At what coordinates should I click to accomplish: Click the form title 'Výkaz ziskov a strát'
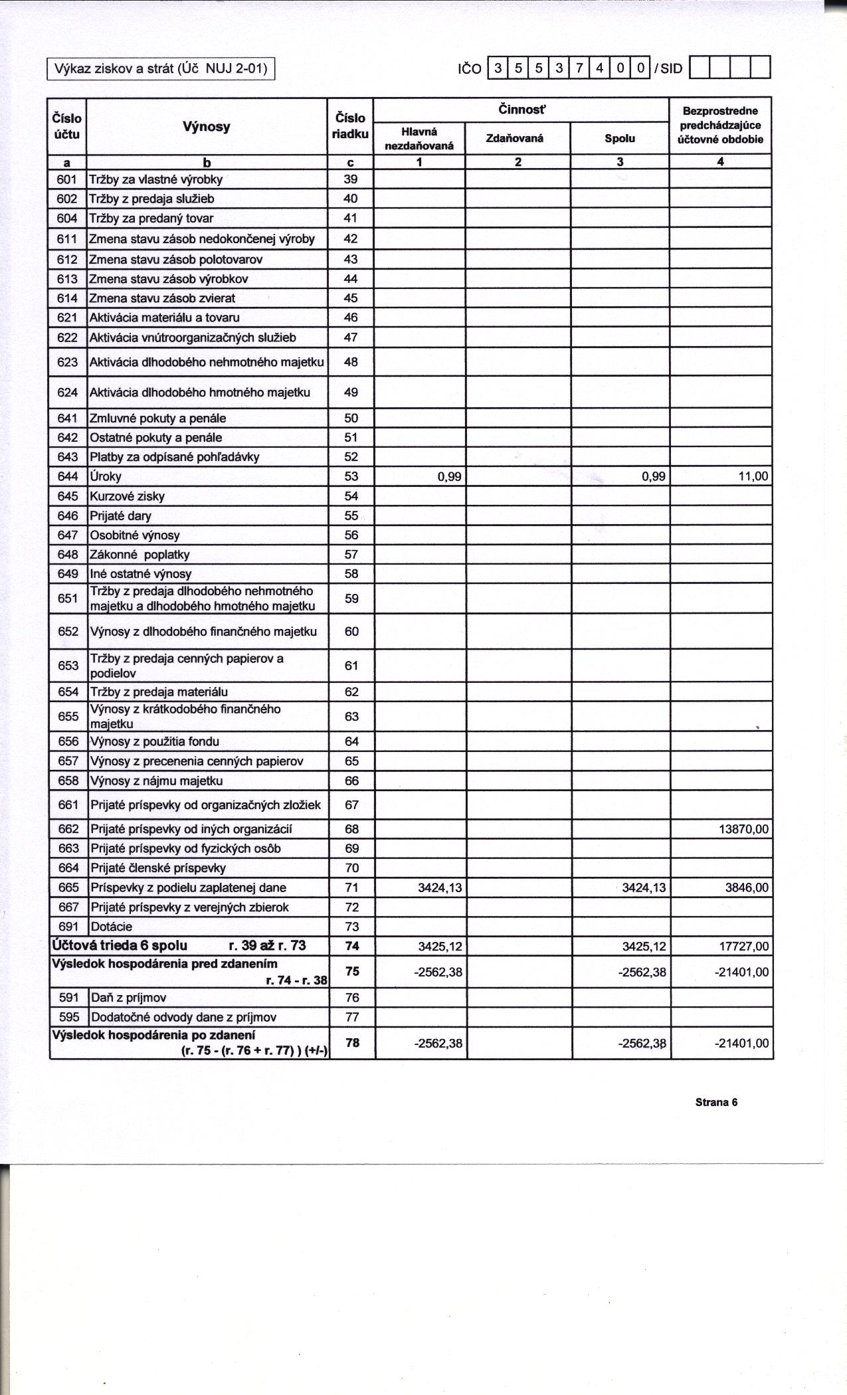[160, 68]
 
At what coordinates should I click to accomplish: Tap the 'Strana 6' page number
[716, 1102]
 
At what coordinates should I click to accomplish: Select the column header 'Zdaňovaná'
[515, 138]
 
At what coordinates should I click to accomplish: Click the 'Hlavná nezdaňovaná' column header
[419, 138]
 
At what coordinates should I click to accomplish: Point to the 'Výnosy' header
[207, 126]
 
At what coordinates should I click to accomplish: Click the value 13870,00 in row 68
[744, 829]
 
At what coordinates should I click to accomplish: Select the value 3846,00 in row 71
[747, 887]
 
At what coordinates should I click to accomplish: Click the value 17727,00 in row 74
[744, 946]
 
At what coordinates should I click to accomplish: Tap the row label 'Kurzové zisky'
[128, 496]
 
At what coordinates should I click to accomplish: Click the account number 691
[68, 927]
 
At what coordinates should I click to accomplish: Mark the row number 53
[351, 476]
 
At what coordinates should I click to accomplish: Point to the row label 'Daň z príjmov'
[128, 998]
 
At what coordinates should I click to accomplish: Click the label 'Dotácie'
[112, 927]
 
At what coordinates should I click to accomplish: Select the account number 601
[68, 179]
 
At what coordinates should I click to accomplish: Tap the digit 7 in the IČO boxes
[579, 68]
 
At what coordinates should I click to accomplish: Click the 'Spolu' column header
[619, 138]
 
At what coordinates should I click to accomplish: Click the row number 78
[352, 1043]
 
